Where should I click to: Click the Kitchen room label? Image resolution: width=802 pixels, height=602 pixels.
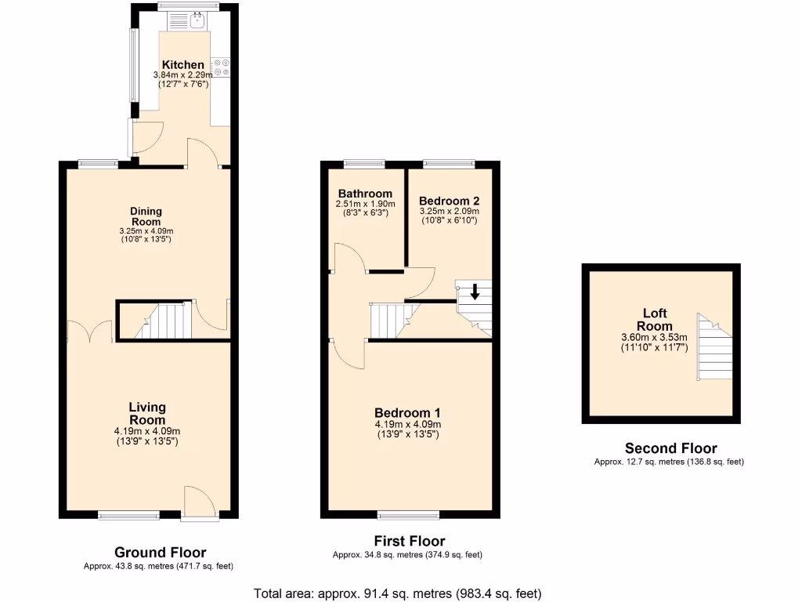(x=183, y=65)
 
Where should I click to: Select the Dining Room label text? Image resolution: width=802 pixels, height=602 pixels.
(x=146, y=216)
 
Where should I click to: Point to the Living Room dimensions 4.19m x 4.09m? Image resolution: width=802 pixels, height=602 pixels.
(x=147, y=431)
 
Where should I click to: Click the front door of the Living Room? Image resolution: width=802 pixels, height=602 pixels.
(x=199, y=502)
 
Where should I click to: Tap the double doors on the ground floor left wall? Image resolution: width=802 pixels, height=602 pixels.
(x=89, y=332)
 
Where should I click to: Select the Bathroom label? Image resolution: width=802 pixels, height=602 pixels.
(x=365, y=194)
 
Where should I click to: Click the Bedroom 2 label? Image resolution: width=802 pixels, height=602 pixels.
(x=449, y=201)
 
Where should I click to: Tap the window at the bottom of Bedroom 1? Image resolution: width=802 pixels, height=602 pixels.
(x=408, y=515)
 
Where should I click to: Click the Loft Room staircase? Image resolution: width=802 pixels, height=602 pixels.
(x=713, y=348)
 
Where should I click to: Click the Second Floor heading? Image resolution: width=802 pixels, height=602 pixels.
(x=670, y=448)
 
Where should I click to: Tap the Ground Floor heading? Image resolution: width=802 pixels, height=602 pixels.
(x=161, y=553)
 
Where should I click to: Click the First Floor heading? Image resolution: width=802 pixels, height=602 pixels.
(x=410, y=542)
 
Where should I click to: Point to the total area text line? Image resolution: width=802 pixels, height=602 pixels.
(x=398, y=593)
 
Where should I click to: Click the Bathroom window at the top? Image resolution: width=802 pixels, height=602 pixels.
(x=364, y=163)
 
